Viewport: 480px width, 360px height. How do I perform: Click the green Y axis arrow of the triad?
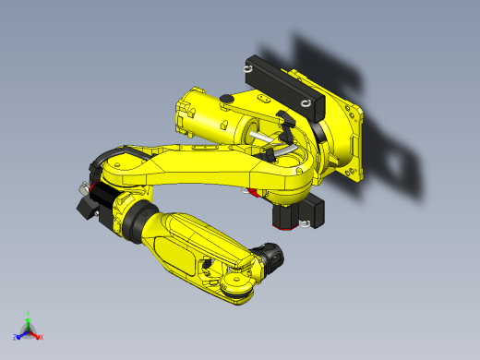[28, 317]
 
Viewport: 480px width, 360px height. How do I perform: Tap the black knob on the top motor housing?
[224, 98]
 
